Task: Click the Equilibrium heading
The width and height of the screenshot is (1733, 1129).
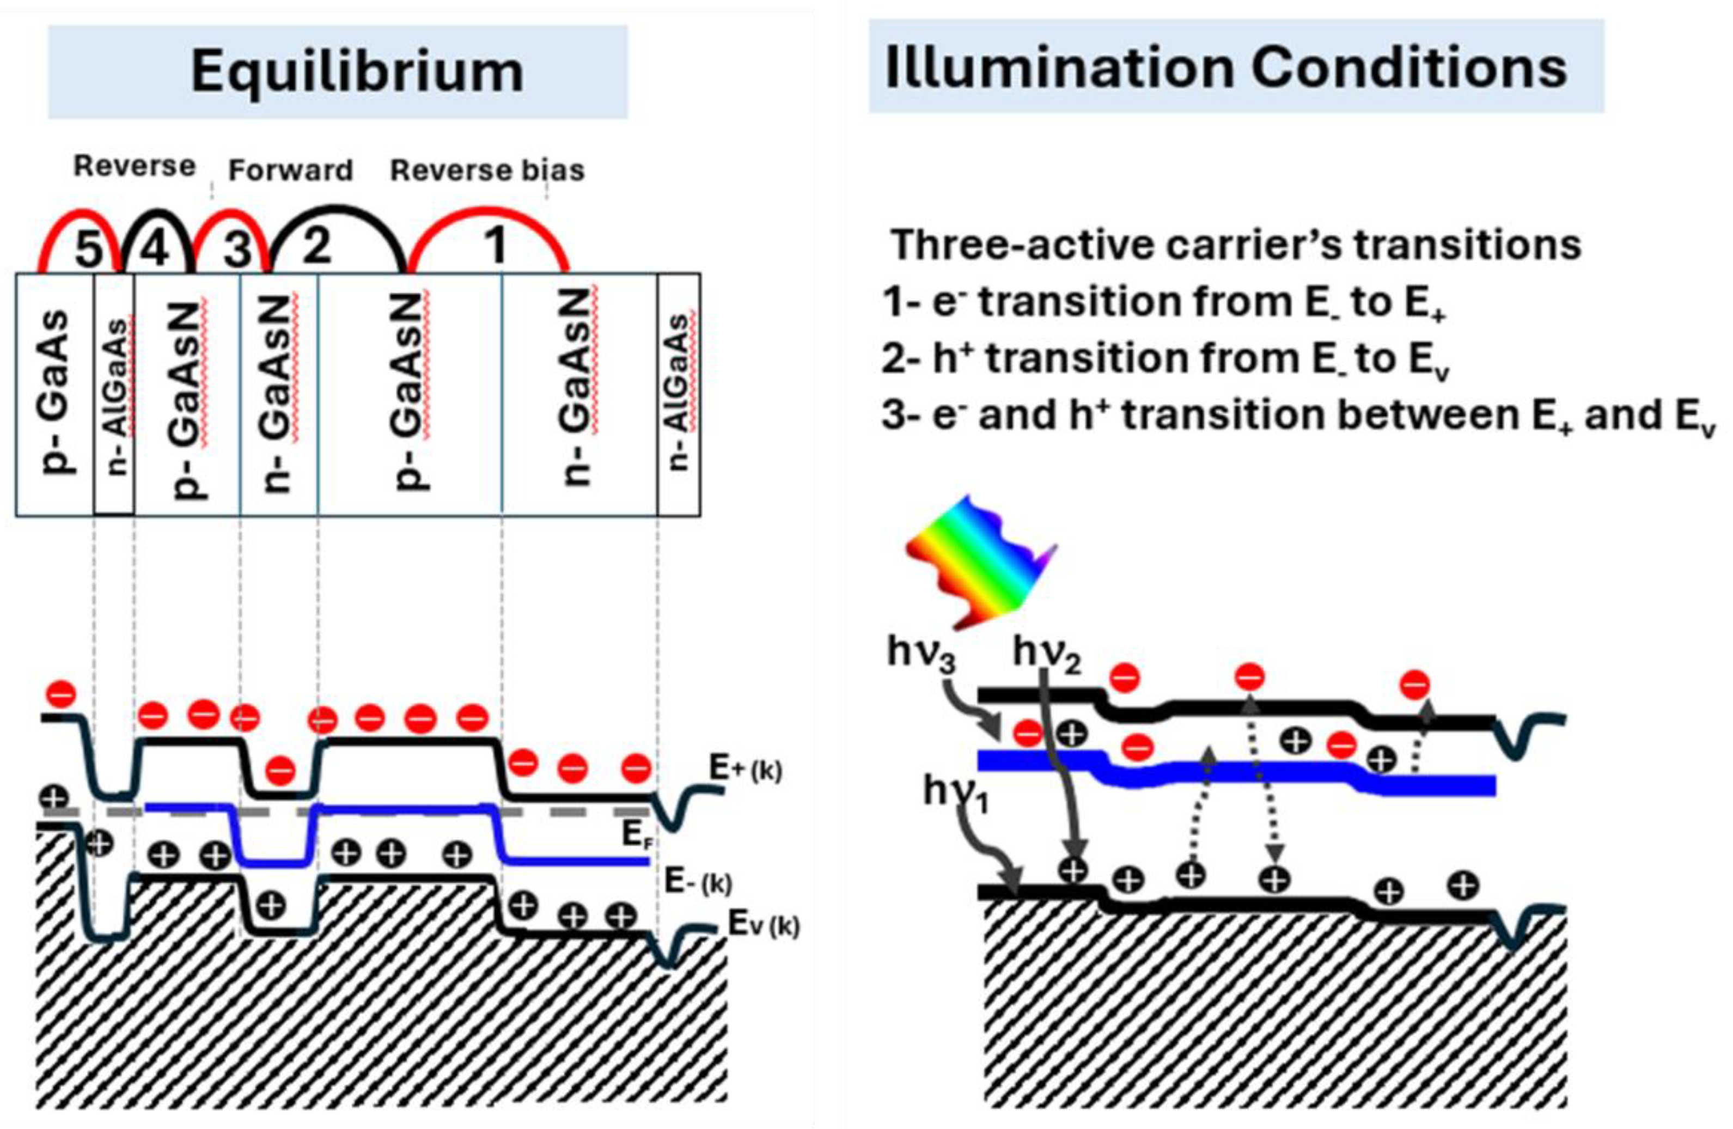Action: pos(357,71)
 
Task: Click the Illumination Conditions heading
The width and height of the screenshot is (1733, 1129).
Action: pos(1225,67)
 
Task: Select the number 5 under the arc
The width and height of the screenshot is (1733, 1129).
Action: pos(89,249)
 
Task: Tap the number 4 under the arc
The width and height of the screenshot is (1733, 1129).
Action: pos(156,247)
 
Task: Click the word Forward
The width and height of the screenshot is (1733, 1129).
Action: pos(290,171)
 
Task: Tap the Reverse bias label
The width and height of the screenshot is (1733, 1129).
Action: pos(487,171)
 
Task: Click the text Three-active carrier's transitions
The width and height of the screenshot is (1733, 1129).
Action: pos(1236,245)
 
